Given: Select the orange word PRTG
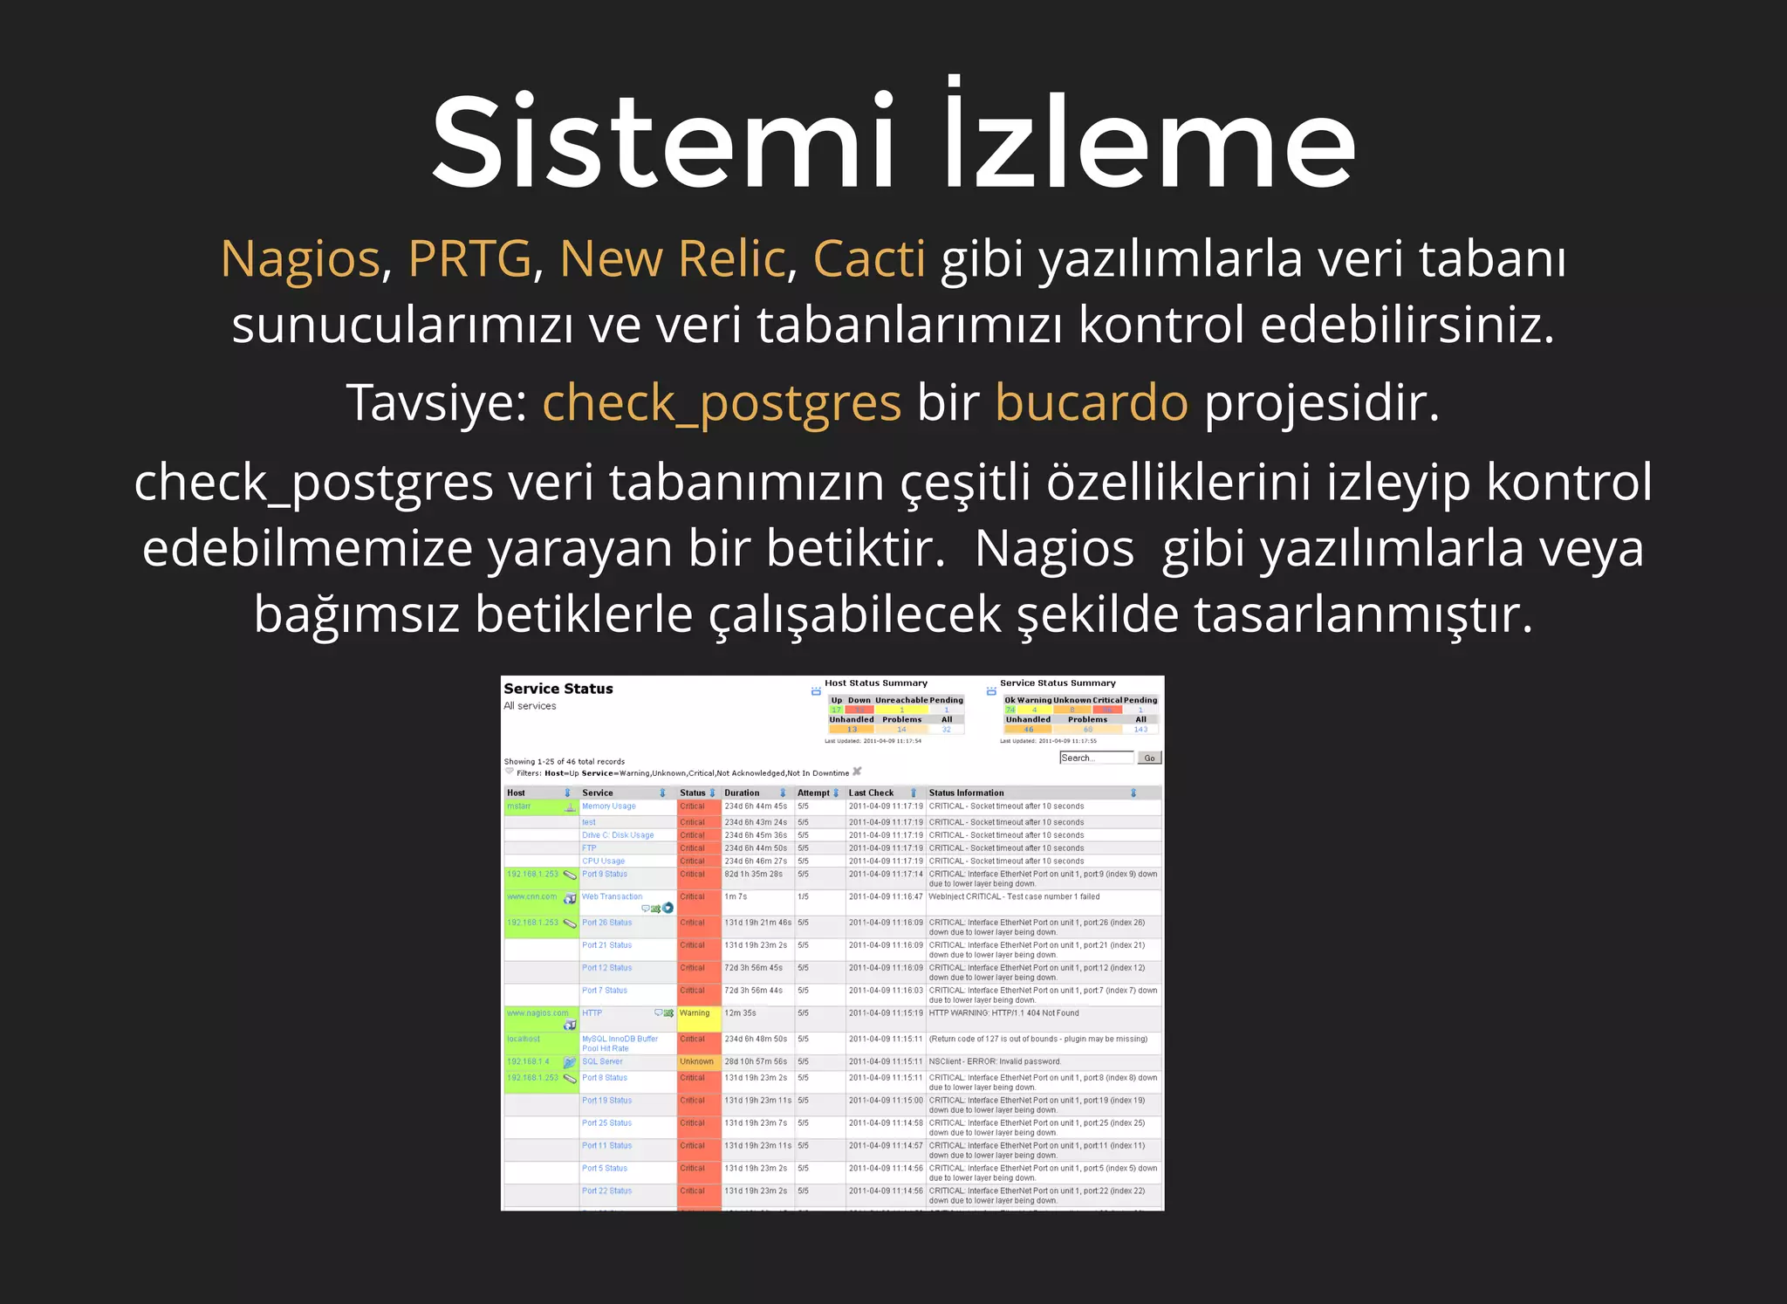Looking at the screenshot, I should tap(469, 259).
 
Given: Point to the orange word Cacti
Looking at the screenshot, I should tap(869, 259).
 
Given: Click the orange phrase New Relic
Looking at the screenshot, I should tap(673, 259).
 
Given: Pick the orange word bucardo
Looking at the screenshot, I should tap(1091, 403).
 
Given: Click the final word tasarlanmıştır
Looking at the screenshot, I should tap(1363, 614).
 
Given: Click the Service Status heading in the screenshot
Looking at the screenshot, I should tap(558, 689).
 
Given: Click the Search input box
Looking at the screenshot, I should tap(1096, 758).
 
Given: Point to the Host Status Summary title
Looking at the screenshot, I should tap(875, 683).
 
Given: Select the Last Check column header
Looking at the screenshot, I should tap(871, 793).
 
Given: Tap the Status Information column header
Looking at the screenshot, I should tap(966, 793).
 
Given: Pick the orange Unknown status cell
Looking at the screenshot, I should tap(698, 1062).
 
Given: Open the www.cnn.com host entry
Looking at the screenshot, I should tap(531, 897).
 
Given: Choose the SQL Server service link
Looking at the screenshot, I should tap(602, 1062).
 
